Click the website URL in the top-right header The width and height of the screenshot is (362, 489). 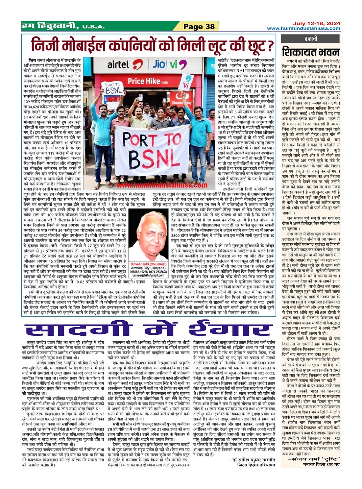pos(303,29)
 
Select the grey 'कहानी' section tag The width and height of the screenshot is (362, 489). pos(311,39)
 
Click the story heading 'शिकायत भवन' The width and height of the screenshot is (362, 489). pos(310,51)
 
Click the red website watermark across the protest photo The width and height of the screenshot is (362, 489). pos(162,185)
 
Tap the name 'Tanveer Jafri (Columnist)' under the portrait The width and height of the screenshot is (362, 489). pos(149,264)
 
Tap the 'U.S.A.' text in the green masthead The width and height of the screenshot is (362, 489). pos(93,27)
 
